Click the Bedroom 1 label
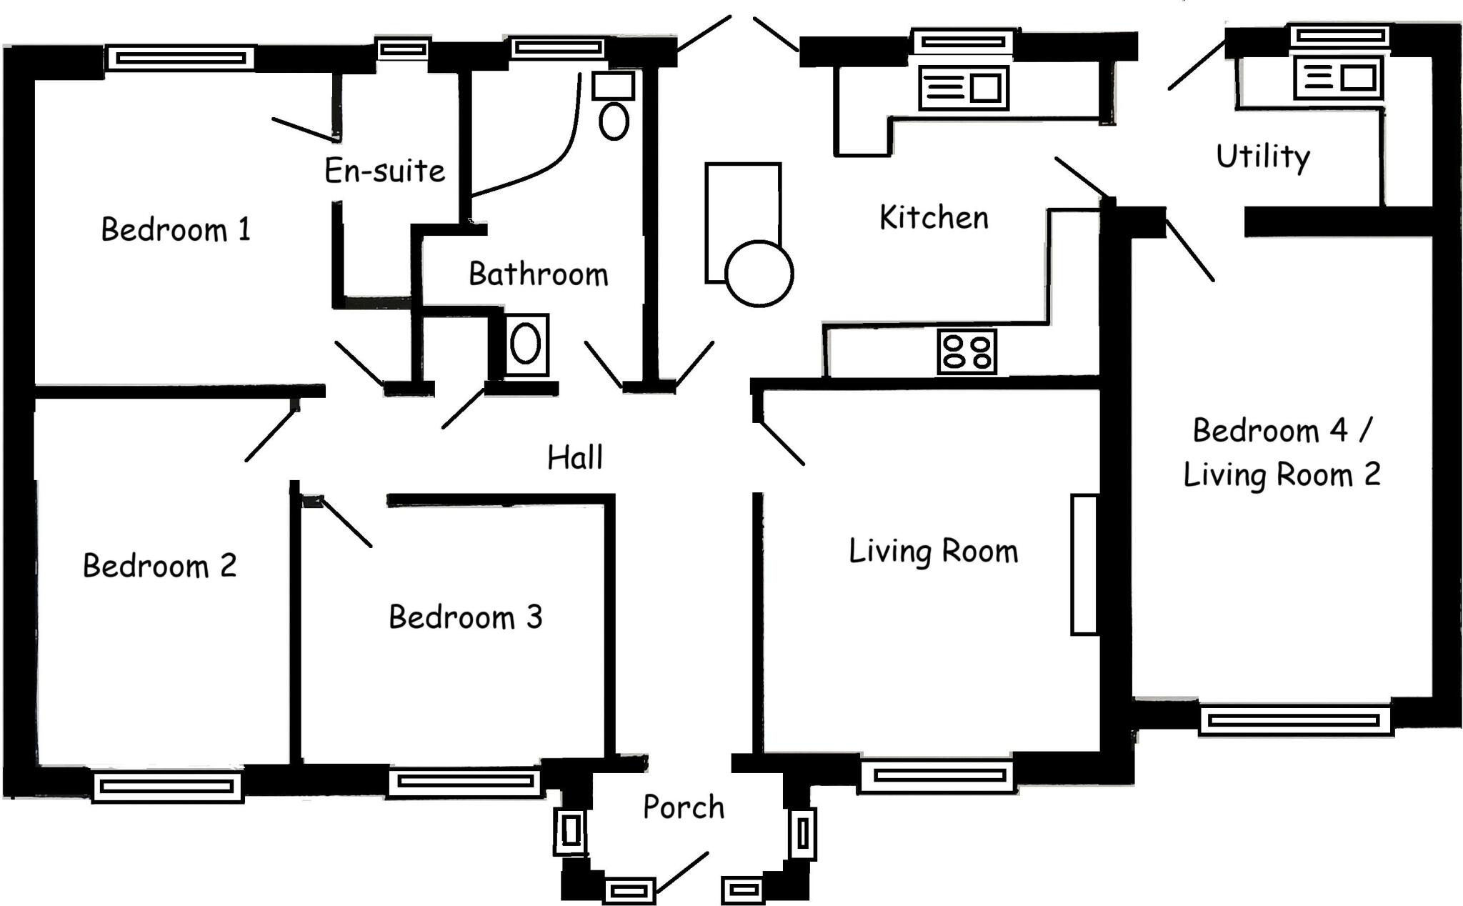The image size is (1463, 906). pyautogui.click(x=176, y=230)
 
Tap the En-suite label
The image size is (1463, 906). pyautogui.click(x=384, y=171)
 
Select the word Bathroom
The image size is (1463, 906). pyautogui.click(x=538, y=274)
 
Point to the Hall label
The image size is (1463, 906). pyautogui.click(x=575, y=457)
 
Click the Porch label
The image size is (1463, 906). pyautogui.click(x=684, y=807)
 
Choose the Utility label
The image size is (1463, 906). pyautogui.click(x=1263, y=156)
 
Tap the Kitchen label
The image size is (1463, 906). pyautogui.click(x=934, y=218)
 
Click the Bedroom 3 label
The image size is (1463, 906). pyautogui.click(x=465, y=617)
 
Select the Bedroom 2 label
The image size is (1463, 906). pyautogui.click(x=159, y=566)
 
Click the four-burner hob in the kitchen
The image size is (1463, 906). pyautogui.click(x=967, y=352)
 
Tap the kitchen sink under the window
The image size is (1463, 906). pyautogui.click(x=963, y=88)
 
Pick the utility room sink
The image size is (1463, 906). pyautogui.click(x=1338, y=78)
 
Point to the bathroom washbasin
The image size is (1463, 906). pyautogui.click(x=526, y=344)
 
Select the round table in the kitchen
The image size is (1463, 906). pyautogui.click(x=759, y=274)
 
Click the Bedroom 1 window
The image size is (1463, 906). pyautogui.click(x=180, y=58)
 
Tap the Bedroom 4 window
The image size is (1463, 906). pyautogui.click(x=1294, y=720)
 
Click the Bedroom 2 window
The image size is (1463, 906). pyautogui.click(x=168, y=787)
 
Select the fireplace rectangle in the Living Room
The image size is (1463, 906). pyautogui.click(x=1084, y=564)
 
